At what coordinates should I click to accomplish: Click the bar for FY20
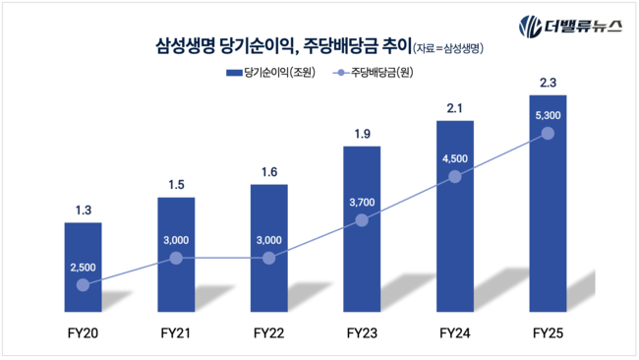pos(83,256)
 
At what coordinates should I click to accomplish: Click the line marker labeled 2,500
pos(83,285)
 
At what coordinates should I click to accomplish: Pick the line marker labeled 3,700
pos(362,220)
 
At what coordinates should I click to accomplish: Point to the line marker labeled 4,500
pos(454,177)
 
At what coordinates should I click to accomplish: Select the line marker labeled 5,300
pos(548,133)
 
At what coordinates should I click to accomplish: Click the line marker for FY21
pos(176,258)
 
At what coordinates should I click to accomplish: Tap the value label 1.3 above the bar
pos(83,209)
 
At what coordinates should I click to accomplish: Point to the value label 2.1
pos(454,107)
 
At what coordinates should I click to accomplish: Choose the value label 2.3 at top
pos(548,81)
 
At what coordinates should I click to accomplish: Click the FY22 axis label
pos(268,333)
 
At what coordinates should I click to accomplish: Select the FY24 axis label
pos(454,333)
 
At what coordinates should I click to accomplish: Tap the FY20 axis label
pos(83,333)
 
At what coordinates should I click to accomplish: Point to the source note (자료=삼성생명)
pos(450,46)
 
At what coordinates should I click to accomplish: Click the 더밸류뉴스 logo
pos(570,26)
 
